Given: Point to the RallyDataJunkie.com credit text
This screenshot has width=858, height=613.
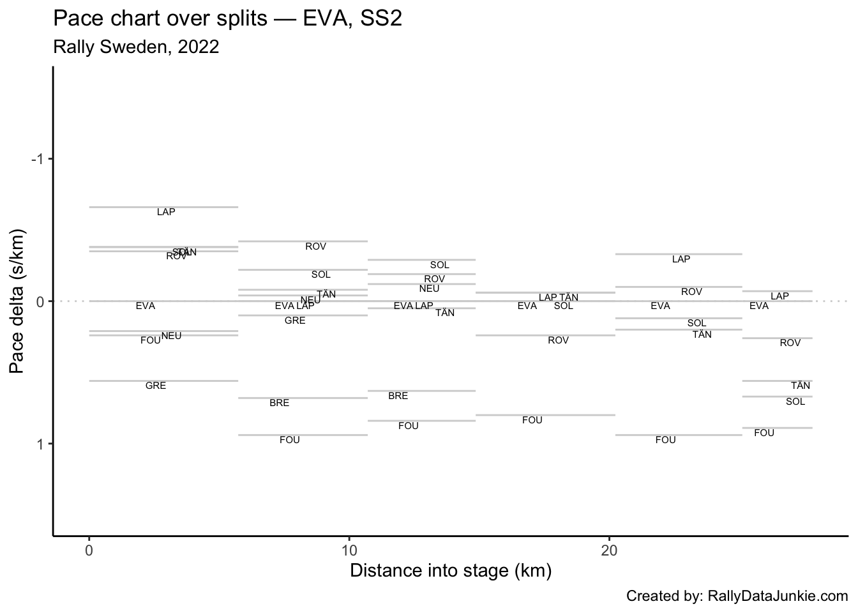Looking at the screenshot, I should [778, 596].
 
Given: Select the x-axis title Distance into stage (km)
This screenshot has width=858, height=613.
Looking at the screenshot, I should [451, 570].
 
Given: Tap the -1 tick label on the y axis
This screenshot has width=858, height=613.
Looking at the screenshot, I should [37, 158].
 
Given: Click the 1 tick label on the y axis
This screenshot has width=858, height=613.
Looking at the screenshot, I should [40, 444].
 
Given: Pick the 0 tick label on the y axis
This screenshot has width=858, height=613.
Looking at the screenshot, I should [40, 301].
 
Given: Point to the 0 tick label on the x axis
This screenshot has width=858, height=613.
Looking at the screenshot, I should [89, 550].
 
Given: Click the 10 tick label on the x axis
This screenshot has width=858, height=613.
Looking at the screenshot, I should [349, 550].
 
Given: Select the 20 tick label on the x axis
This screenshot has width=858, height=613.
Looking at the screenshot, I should [609, 550].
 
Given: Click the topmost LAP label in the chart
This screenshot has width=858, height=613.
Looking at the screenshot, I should [166, 212].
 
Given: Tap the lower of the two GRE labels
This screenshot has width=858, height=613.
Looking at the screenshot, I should [156, 386].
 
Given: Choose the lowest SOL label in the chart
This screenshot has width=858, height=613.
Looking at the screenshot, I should [795, 402].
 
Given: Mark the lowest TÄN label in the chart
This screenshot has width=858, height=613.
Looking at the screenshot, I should [801, 386].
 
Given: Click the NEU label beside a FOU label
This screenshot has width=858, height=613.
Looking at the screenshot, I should [171, 336].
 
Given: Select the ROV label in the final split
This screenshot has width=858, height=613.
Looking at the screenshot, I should [790, 343].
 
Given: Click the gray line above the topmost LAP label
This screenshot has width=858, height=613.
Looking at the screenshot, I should [163, 207].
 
